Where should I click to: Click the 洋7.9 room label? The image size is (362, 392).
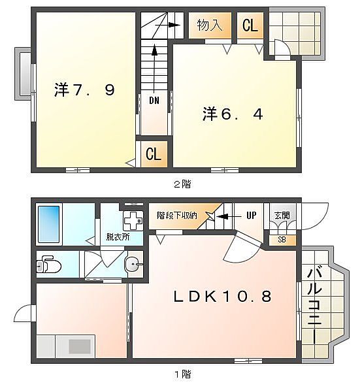(84, 90)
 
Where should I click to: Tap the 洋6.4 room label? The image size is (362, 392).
(233, 114)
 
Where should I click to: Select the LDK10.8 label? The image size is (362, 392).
(222, 297)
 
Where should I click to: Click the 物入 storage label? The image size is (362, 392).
(210, 25)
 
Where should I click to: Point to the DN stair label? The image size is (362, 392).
(154, 101)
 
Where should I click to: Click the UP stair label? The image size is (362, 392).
(252, 215)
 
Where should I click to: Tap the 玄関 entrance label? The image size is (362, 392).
(282, 215)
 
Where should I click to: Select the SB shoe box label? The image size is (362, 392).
(282, 240)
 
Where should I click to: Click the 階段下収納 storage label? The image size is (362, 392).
(177, 215)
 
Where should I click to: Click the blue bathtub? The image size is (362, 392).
(49, 224)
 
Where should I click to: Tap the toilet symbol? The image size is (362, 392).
(48, 264)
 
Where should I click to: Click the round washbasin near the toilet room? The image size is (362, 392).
(133, 264)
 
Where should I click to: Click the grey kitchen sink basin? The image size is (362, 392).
(80, 346)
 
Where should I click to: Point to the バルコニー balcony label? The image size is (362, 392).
(314, 306)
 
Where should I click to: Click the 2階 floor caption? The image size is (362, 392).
(182, 184)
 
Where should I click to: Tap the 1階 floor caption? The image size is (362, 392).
(182, 374)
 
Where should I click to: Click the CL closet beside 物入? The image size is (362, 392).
(250, 25)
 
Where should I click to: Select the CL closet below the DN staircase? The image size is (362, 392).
(154, 154)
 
